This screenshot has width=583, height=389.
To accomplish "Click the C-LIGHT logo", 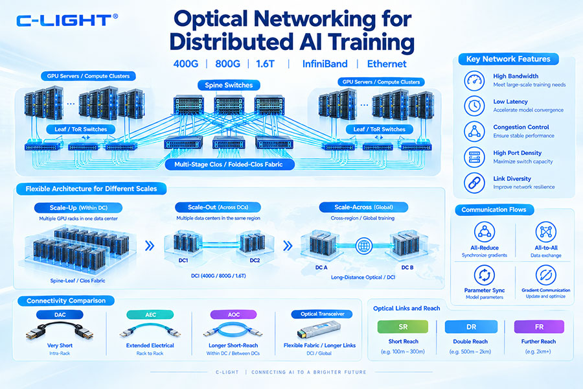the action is pyautogui.click(x=67, y=20).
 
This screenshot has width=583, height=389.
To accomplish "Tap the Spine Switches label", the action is pyautogui.click(x=229, y=85).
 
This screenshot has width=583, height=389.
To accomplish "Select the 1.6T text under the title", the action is pyautogui.click(x=265, y=64).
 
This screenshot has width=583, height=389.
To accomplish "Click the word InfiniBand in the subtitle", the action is pyautogui.click(x=325, y=64).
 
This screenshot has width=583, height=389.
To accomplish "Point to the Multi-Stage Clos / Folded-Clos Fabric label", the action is pyautogui.click(x=229, y=164).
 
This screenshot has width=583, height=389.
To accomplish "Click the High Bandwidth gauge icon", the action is pyautogui.click(x=474, y=80).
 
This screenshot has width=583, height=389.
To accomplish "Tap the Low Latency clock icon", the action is pyautogui.click(x=474, y=106).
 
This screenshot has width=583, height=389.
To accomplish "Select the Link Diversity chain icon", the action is pyautogui.click(x=474, y=183).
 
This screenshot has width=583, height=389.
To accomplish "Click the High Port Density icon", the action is pyautogui.click(x=474, y=157).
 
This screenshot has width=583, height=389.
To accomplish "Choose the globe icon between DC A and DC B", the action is pyautogui.click(x=363, y=246).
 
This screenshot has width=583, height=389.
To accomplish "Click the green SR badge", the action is pyautogui.click(x=403, y=327).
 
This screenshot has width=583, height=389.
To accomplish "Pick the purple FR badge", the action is pyautogui.click(x=539, y=327).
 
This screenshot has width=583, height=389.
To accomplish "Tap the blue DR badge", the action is pyautogui.click(x=471, y=327).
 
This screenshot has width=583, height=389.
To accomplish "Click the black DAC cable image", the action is pyautogui.click(x=60, y=331).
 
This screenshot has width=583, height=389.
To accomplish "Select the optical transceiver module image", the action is pyautogui.click(x=318, y=330).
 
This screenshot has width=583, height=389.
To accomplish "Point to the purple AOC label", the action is pyautogui.click(x=233, y=314).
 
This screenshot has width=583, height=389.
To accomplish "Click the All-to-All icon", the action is pyautogui.click(x=545, y=231).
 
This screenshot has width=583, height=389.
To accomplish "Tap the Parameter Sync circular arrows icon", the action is pyautogui.click(x=484, y=275).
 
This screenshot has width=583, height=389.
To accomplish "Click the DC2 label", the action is pyautogui.click(x=255, y=260).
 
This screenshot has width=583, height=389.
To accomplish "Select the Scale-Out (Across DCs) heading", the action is pyautogui.click(x=218, y=207).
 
